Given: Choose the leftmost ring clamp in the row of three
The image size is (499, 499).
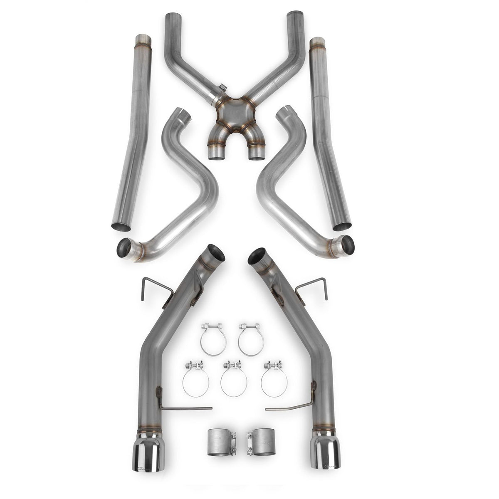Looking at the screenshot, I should pos(195,378).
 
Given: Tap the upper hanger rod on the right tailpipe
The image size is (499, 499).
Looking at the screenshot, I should pos(314,287).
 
